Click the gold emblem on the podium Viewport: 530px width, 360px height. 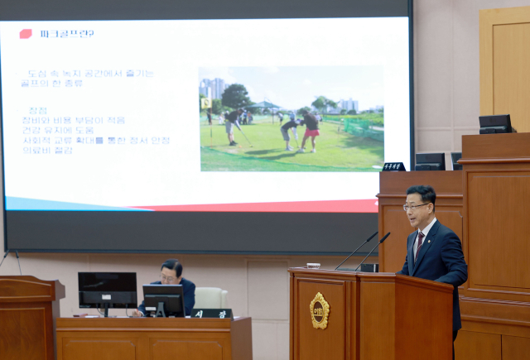[x=319, y=310]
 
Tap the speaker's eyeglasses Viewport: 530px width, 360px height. [x=417, y=206]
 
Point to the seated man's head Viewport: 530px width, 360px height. [x=171, y=271]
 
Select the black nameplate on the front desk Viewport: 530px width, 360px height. [x=212, y=314]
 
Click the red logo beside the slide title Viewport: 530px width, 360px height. [x=26, y=34]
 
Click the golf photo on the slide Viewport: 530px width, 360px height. [x=291, y=118]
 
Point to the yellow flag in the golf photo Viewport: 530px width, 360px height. [x=205, y=103]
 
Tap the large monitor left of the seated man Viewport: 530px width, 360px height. [x=107, y=290]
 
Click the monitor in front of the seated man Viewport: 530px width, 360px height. [x=163, y=298]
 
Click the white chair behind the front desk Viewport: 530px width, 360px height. [x=210, y=298]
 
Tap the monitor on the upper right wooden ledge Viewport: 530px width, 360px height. [x=495, y=123]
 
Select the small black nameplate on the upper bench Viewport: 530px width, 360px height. [x=393, y=166]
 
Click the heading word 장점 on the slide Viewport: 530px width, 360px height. [x=38, y=110]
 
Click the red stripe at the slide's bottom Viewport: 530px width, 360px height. [x=273, y=205]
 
